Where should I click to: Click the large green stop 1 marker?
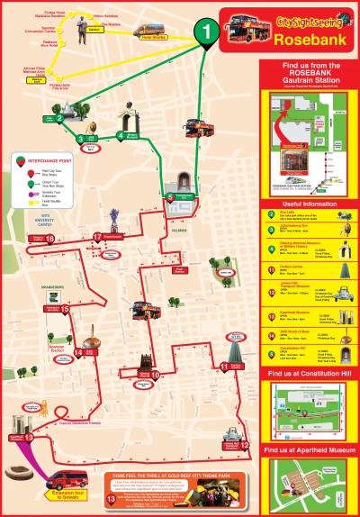208,33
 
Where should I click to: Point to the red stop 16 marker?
49,239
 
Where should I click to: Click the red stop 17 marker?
96,237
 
